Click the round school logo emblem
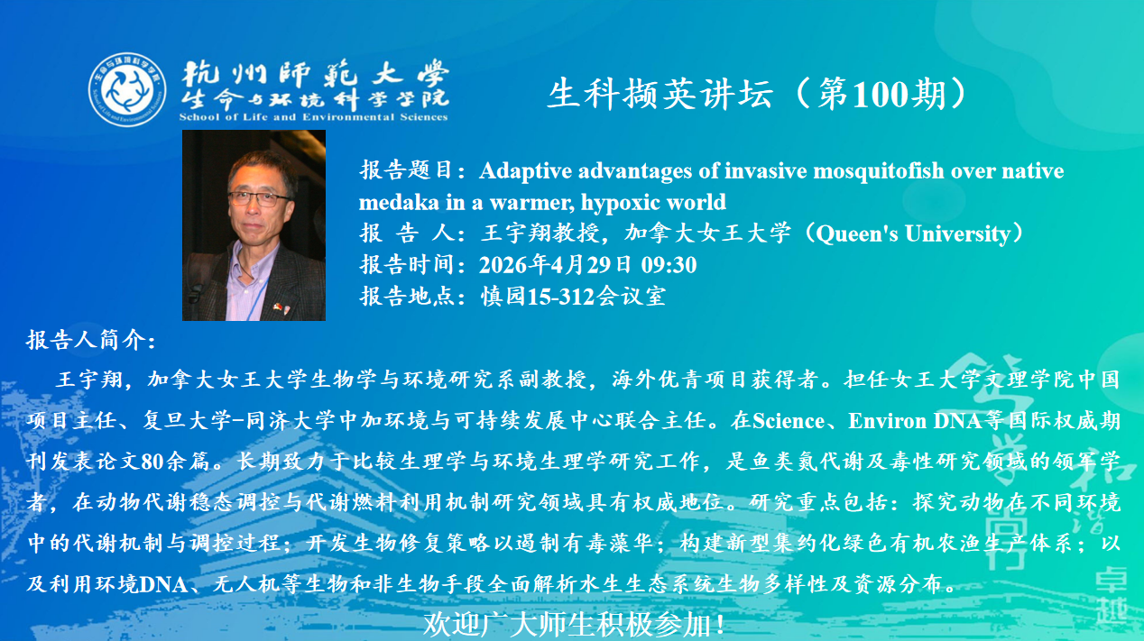[127, 90]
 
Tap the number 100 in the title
[881, 95]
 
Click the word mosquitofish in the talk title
[879, 171]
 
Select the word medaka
[399, 203]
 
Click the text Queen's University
[913, 234]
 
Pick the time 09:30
[669, 265]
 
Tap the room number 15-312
[561, 297]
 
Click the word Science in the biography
[788, 421]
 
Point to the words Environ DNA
[915, 421]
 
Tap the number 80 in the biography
[152, 462]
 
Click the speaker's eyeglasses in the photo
[260, 198]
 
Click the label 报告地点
[407, 297]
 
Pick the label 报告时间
[407, 265]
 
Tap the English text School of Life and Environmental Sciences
[314, 117]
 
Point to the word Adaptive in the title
[525, 171]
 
